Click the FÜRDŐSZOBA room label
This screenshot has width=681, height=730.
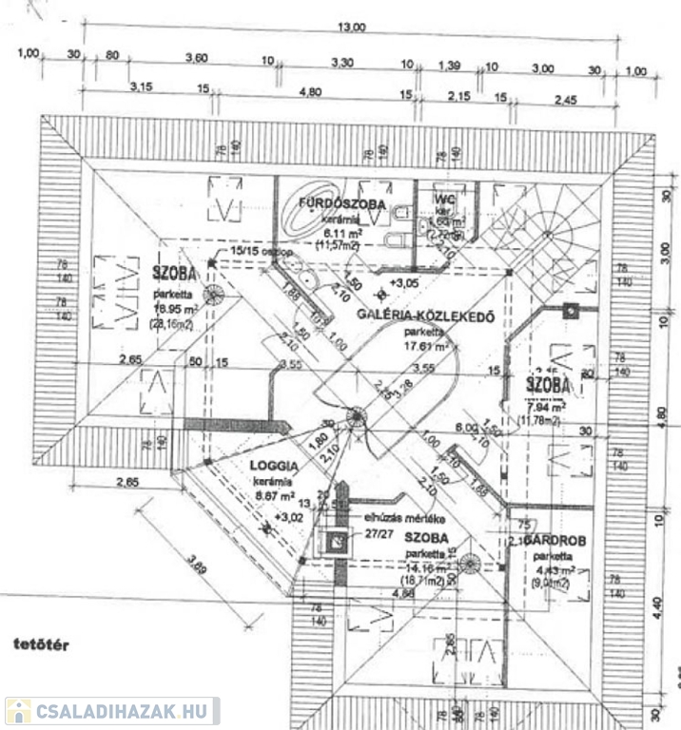(x=341, y=204)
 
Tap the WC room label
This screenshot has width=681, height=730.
(x=445, y=199)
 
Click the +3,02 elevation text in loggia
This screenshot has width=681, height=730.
(x=289, y=516)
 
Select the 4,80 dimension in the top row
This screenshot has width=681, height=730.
(x=310, y=91)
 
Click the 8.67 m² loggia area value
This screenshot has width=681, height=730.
(x=273, y=495)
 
